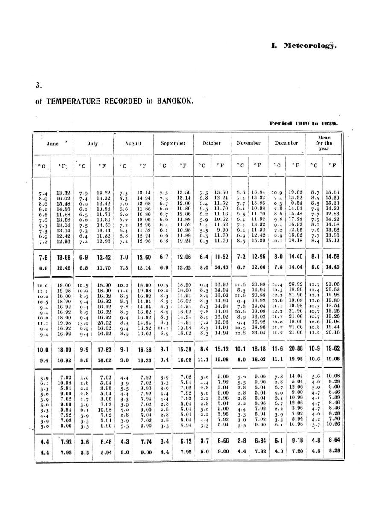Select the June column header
click(x=53, y=144)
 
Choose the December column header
click(x=286, y=144)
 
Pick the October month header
click(x=211, y=144)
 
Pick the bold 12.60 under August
click(x=142, y=246)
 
